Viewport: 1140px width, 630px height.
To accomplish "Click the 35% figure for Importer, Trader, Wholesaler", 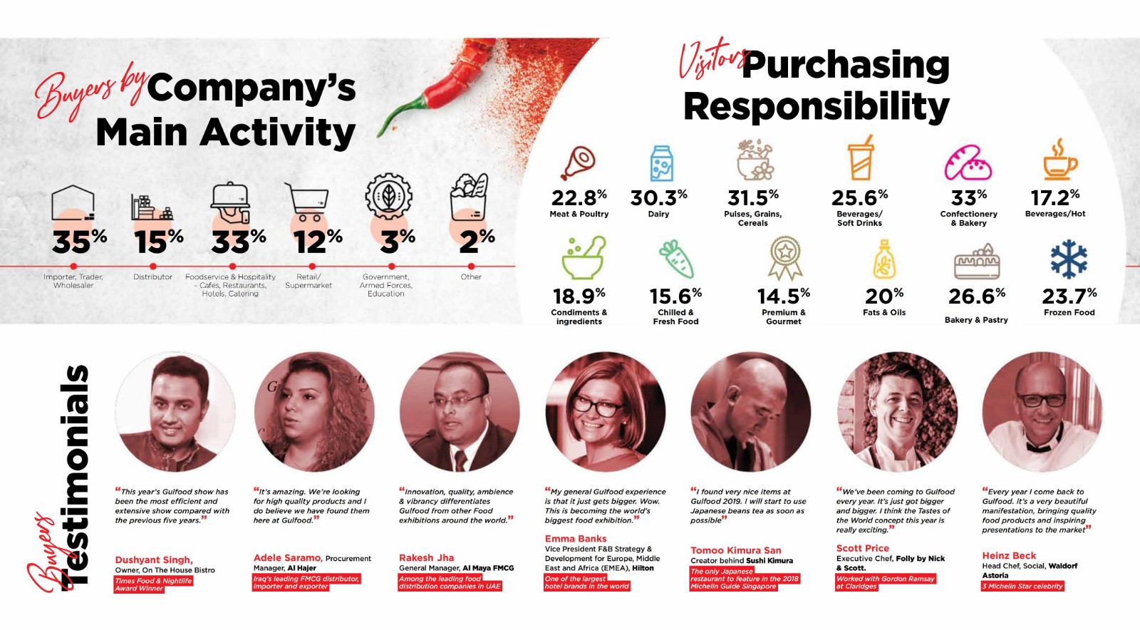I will (x=79, y=242).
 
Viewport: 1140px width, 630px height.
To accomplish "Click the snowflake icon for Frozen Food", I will (x=1069, y=259).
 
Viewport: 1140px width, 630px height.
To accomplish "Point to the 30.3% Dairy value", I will (x=658, y=197).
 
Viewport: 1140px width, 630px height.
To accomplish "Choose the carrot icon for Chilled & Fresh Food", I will (x=676, y=259).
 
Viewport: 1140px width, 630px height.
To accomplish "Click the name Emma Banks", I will (x=576, y=539).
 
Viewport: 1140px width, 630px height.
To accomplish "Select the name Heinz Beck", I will (x=1009, y=555).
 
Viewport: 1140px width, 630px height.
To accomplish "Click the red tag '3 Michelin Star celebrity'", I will (x=1022, y=587).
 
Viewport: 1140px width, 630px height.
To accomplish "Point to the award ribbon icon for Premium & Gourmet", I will (x=784, y=258).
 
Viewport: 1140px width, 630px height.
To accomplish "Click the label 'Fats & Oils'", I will (x=884, y=312).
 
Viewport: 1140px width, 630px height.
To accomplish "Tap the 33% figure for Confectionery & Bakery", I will (x=968, y=197).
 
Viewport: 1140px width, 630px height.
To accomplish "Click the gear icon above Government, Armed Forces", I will (x=388, y=195).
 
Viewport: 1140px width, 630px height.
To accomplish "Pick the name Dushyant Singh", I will (x=154, y=559).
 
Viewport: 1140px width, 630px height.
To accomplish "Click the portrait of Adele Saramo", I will (x=314, y=412).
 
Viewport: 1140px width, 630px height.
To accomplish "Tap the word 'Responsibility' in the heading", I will (x=816, y=107).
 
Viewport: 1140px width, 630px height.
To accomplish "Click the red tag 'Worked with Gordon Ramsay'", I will (x=886, y=578).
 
